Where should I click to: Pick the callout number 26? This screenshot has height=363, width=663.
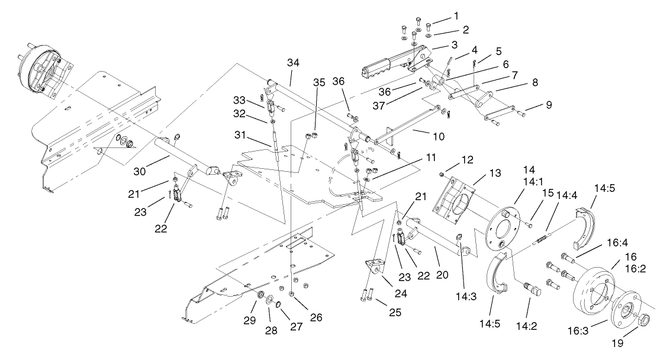pos(317,317)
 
